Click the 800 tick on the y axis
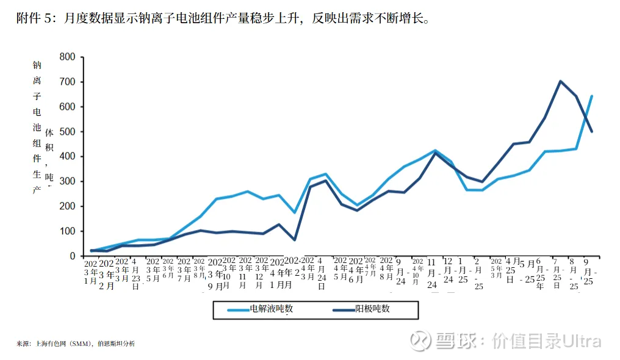click(x=67, y=57)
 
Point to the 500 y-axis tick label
click(x=67, y=132)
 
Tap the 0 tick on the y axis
click(x=72, y=256)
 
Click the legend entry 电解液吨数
click(x=272, y=309)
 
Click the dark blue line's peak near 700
click(x=560, y=81)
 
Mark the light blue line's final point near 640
click(x=592, y=96)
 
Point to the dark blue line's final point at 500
click(x=592, y=131)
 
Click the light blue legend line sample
click(x=238, y=310)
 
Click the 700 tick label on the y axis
click(x=67, y=82)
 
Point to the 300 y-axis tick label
click(x=67, y=181)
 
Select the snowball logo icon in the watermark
click(x=421, y=340)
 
